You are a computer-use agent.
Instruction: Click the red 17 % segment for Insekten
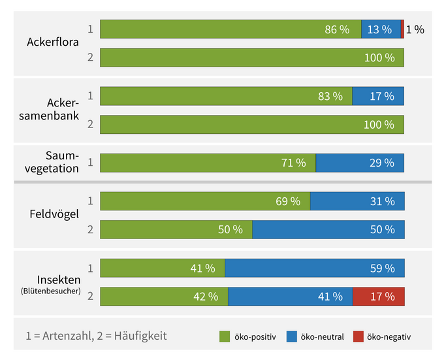point(379,297)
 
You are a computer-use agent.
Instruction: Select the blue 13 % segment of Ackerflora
point(381,29)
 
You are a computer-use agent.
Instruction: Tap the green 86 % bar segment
point(230,29)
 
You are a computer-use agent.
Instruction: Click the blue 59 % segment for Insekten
point(315,268)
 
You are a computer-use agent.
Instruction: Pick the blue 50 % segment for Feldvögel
point(328,229)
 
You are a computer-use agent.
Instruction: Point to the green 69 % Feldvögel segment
point(205,201)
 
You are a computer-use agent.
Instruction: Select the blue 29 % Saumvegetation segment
point(360,163)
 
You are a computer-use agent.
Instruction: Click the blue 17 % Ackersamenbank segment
point(378,96)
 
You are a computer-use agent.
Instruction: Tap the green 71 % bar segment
point(208,163)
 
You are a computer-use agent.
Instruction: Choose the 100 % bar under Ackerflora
point(252,57)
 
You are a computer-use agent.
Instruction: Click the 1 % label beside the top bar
point(415,29)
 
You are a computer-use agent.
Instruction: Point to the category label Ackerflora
point(53,42)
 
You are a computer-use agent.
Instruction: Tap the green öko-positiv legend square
point(224,336)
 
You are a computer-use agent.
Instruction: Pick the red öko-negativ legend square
point(358,336)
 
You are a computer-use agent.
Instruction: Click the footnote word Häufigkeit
point(140,336)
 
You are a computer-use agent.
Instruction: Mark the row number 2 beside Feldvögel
point(90,229)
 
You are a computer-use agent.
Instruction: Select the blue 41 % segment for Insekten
point(290,297)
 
